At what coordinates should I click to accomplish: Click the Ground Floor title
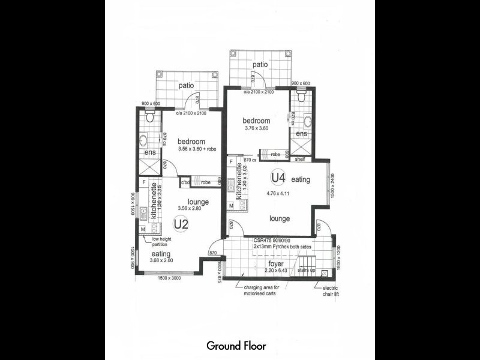[x=236, y=346]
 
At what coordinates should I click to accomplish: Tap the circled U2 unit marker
[x=181, y=224]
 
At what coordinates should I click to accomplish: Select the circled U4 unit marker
[x=277, y=178]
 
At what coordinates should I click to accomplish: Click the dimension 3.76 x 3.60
[x=257, y=128]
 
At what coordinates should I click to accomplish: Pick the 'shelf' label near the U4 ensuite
[x=299, y=159]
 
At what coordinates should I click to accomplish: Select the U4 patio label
[x=259, y=64]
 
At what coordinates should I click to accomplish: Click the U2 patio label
[x=185, y=86]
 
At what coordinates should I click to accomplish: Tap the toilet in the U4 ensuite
[x=301, y=97]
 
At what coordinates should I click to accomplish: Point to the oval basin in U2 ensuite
[x=144, y=141]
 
